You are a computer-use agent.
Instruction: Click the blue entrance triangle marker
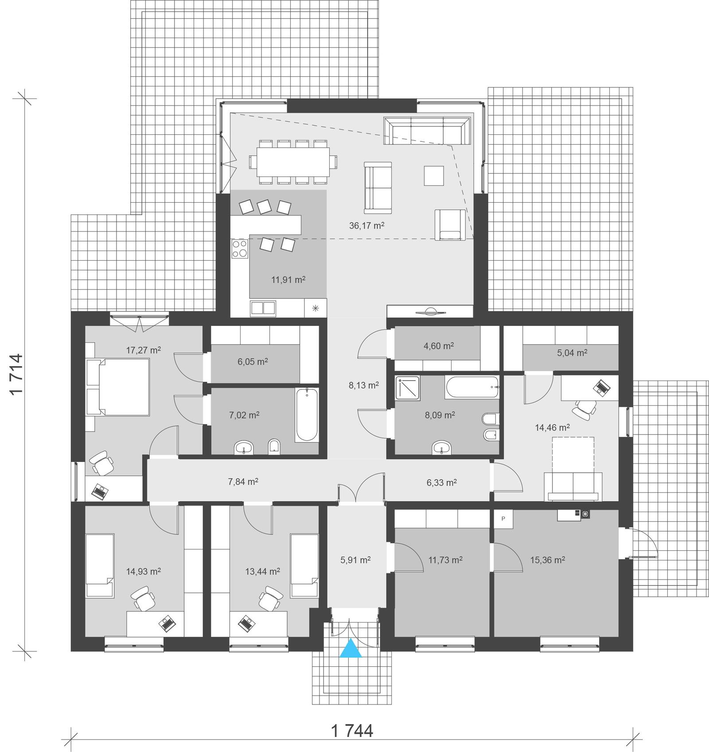pyautogui.click(x=351, y=648)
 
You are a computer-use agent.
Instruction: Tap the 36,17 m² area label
pyautogui.click(x=366, y=225)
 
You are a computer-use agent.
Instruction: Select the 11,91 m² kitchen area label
pyautogui.click(x=288, y=280)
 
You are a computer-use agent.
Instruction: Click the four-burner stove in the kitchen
pyautogui.click(x=240, y=249)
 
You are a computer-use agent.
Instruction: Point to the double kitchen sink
pyautogui.click(x=263, y=308)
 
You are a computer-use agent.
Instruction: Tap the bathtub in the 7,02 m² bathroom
pyautogui.click(x=307, y=415)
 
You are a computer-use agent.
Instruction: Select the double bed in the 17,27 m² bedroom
pyautogui.click(x=123, y=387)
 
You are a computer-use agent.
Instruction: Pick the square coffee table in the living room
pyautogui.click(x=434, y=176)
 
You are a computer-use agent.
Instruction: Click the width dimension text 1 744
pyautogui.click(x=352, y=730)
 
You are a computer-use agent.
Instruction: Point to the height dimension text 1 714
pyautogui.click(x=16, y=374)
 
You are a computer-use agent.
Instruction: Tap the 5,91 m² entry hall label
pyautogui.click(x=355, y=560)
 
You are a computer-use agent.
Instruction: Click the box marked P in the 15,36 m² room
pyautogui.click(x=503, y=518)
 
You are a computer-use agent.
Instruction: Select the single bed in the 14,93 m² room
pyautogui.click(x=100, y=565)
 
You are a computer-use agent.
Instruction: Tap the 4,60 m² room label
pyautogui.click(x=438, y=346)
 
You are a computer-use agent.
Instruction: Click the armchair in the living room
pyautogui.click(x=450, y=225)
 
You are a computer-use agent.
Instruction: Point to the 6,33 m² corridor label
pyautogui.click(x=441, y=482)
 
